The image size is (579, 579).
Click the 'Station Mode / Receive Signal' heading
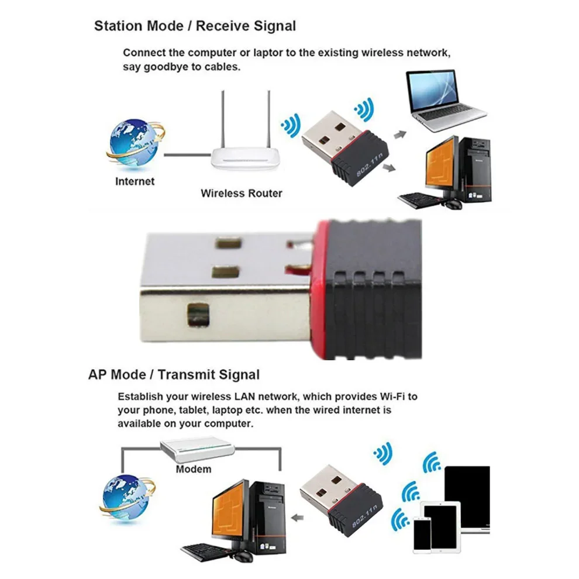tap(195, 26)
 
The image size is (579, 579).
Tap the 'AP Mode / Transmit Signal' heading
tap(174, 374)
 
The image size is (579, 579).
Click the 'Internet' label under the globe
tap(135, 181)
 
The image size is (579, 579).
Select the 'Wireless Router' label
tap(242, 193)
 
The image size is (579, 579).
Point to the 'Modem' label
tap(194, 469)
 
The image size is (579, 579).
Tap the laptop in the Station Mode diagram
tap(445, 101)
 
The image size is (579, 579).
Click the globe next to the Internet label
tap(135, 144)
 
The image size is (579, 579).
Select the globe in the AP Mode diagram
tap(127, 498)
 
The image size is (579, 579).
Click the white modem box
tap(198, 450)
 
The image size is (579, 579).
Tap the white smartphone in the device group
tap(422, 535)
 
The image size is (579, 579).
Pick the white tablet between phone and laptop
tap(442, 527)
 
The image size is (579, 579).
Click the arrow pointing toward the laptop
tap(400, 135)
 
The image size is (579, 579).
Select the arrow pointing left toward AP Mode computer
tap(297, 518)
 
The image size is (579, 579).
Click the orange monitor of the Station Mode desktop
tap(440, 165)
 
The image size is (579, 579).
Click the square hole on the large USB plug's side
tap(198, 315)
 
